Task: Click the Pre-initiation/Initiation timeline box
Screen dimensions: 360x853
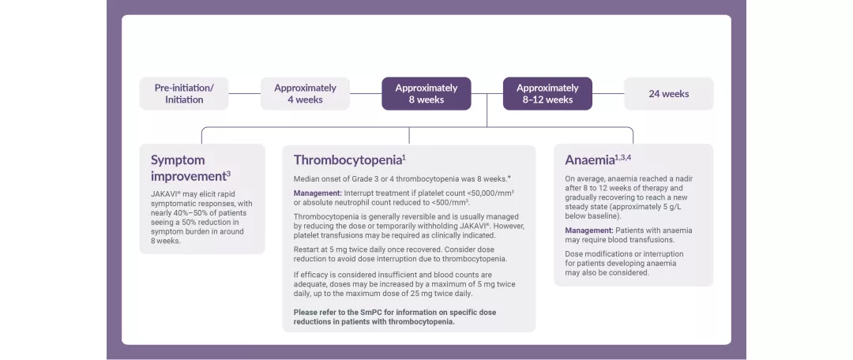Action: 184,93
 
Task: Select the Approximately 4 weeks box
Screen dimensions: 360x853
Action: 305,93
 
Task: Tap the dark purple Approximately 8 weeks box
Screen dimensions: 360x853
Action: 426,93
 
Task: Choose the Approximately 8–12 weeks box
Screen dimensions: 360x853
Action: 547,93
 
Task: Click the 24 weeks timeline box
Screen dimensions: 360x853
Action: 668,93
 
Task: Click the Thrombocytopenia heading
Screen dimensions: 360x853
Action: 347,159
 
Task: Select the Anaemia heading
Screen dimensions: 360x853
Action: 589,159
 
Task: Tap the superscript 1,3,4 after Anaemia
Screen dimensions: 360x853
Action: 623,156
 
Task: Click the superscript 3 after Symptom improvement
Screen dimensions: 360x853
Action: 228,173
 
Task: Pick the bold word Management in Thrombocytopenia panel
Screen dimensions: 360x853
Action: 318,193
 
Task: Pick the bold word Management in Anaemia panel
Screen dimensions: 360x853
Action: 589,230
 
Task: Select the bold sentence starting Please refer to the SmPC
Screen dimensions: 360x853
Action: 395,317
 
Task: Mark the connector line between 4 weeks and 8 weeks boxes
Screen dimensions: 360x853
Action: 366,93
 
